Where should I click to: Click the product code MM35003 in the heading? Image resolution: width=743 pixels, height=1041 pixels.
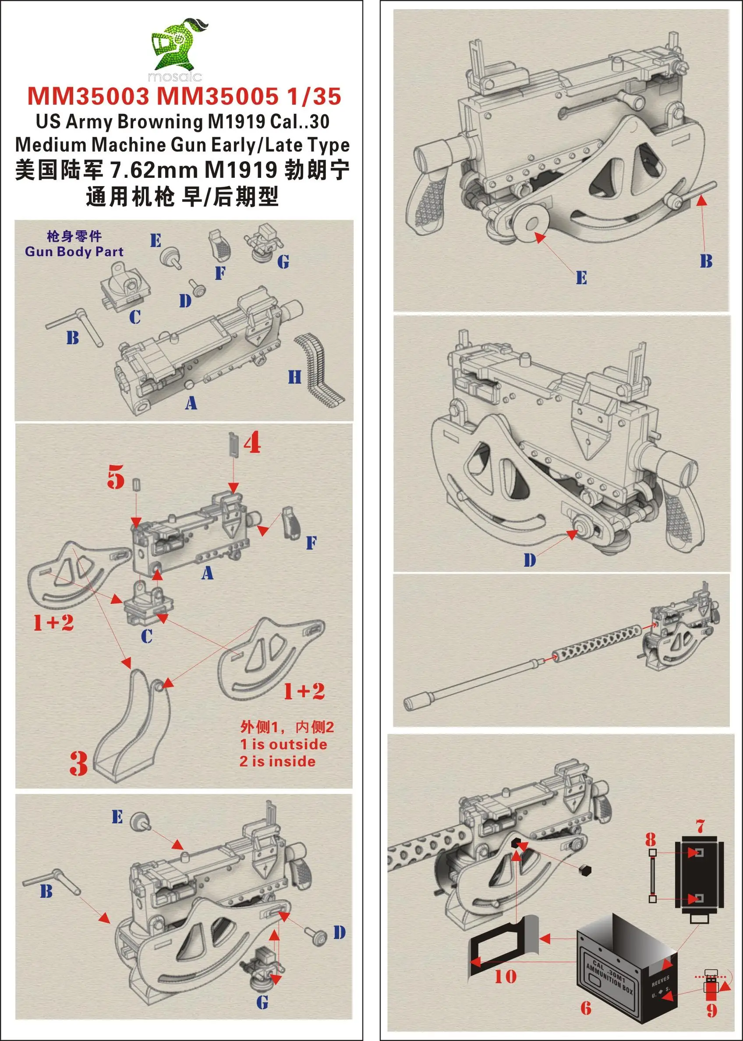(88, 96)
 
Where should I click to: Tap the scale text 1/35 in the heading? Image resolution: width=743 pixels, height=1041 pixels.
(314, 96)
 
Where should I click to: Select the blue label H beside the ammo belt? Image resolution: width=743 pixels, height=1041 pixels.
(295, 378)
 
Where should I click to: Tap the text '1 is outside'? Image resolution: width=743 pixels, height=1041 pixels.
(283, 744)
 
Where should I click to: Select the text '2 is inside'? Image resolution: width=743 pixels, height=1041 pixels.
(277, 762)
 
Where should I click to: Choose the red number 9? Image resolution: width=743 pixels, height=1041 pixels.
(712, 1010)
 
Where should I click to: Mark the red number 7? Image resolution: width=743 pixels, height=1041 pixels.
(700, 826)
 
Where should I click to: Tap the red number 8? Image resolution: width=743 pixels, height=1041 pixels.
(651, 839)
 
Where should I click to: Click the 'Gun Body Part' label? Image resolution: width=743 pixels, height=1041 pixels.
(74, 251)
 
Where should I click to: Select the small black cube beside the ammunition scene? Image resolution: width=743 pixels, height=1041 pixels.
(585, 870)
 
